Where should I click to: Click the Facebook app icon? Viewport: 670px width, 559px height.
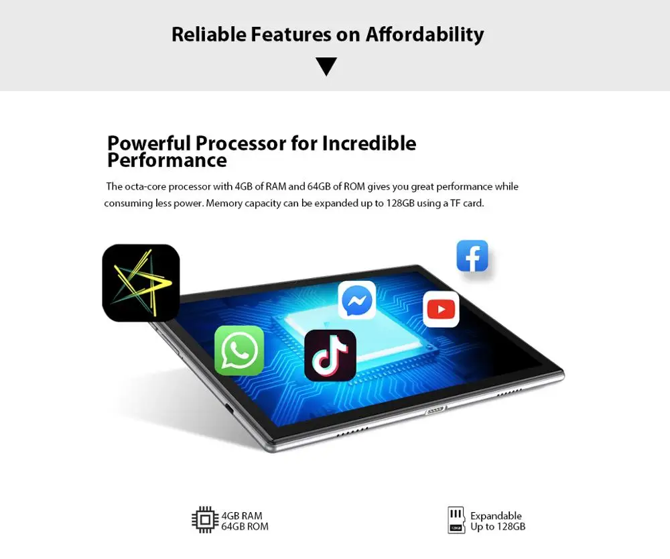(472, 256)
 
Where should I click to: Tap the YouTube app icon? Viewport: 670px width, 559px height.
(441, 309)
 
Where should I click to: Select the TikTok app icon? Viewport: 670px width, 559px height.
(330, 355)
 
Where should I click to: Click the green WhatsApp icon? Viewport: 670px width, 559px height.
(239, 351)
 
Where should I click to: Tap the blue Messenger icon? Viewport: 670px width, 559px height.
(357, 300)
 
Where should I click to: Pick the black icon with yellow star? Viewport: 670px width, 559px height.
(141, 283)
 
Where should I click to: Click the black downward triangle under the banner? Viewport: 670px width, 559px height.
(326, 66)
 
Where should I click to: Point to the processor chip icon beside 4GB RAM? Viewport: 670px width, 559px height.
(204, 520)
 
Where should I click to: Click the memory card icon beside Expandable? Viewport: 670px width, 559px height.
(456, 520)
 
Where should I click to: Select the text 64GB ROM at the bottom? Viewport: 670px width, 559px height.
(245, 527)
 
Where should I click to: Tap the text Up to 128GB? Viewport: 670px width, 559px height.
(498, 527)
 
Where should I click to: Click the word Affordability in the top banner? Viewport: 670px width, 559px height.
(424, 34)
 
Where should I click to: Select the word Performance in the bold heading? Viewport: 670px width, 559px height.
(167, 160)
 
